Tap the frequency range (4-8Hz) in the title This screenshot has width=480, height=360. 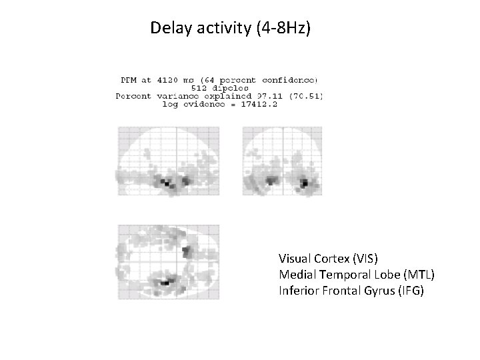[x=283, y=28]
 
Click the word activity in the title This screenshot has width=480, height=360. [x=220, y=28]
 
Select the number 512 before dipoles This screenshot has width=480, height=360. [x=201, y=87]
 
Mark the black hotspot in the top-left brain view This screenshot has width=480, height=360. [x=167, y=182]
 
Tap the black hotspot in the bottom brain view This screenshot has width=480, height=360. [x=167, y=283]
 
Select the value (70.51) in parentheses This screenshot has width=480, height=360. [x=303, y=96]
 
